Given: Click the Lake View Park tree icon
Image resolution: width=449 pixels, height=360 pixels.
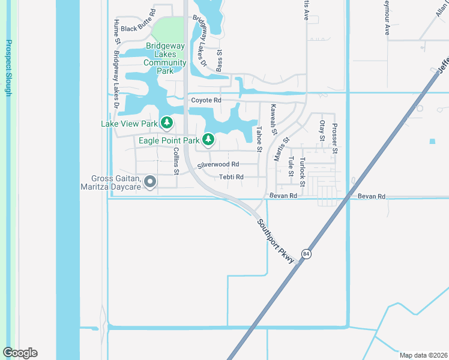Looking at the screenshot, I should pyautogui.click(x=166, y=124).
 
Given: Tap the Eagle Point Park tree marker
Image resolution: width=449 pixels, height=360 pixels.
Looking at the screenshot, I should pyautogui.click(x=208, y=140).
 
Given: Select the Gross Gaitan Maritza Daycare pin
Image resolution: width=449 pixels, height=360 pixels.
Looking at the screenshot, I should pyautogui.click(x=150, y=181).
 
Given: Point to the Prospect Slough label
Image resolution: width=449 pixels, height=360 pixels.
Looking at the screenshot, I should pyautogui.click(x=9, y=67).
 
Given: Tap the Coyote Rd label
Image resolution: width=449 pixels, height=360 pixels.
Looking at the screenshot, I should pyautogui.click(x=206, y=100).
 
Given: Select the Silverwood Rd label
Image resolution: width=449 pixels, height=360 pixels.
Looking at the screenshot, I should pyautogui.click(x=218, y=164).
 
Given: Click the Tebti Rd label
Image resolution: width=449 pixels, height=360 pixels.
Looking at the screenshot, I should pyautogui.click(x=231, y=177).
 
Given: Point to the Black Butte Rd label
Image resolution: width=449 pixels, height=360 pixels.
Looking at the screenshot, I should pyautogui.click(x=138, y=28).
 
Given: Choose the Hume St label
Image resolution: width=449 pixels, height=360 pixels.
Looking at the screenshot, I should pyautogui.click(x=116, y=31).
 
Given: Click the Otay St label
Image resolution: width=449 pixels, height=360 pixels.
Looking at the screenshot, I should pyautogui.click(x=322, y=130).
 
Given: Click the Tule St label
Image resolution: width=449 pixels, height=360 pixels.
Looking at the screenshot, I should pyautogui.click(x=291, y=166).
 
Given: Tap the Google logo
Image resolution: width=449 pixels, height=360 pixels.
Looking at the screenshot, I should pyautogui.click(x=20, y=353).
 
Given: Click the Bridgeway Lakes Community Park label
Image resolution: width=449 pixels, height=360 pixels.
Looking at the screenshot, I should pyautogui.click(x=166, y=58).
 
